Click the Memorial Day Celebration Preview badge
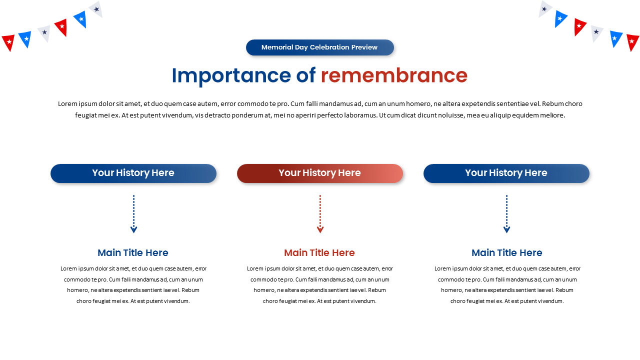point(320,47)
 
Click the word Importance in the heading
point(231,75)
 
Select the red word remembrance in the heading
point(394,75)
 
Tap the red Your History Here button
point(320,173)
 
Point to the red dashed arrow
point(320,214)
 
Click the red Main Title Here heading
point(319,252)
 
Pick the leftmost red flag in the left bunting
point(8,42)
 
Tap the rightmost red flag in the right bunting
point(632,42)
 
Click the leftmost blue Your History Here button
point(133,173)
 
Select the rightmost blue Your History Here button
point(506,173)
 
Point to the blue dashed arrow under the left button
point(133,214)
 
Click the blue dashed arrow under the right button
point(506,214)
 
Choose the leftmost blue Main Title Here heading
point(133,252)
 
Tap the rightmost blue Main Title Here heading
point(507,252)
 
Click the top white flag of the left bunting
point(96,9)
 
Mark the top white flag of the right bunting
point(544,9)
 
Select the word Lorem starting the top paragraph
point(67,104)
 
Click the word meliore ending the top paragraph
point(552,115)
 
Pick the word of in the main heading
point(305,75)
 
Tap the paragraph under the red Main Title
point(320,284)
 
